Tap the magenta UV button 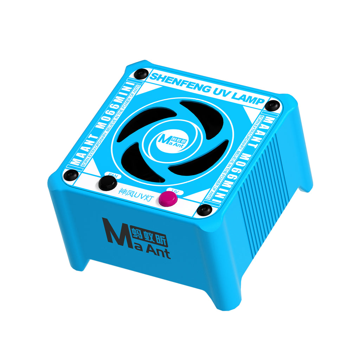coord(168,199)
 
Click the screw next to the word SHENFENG coord(141,74)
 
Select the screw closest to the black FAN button coord(72,174)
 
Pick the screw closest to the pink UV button coord(204,210)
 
